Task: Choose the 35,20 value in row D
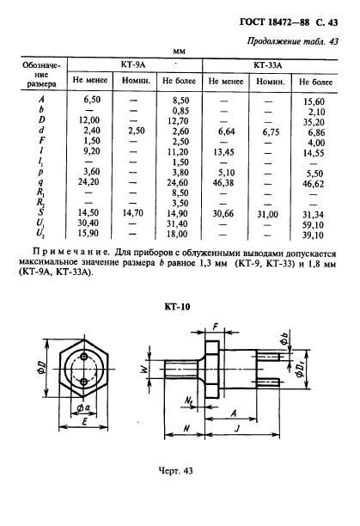point(315,121)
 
